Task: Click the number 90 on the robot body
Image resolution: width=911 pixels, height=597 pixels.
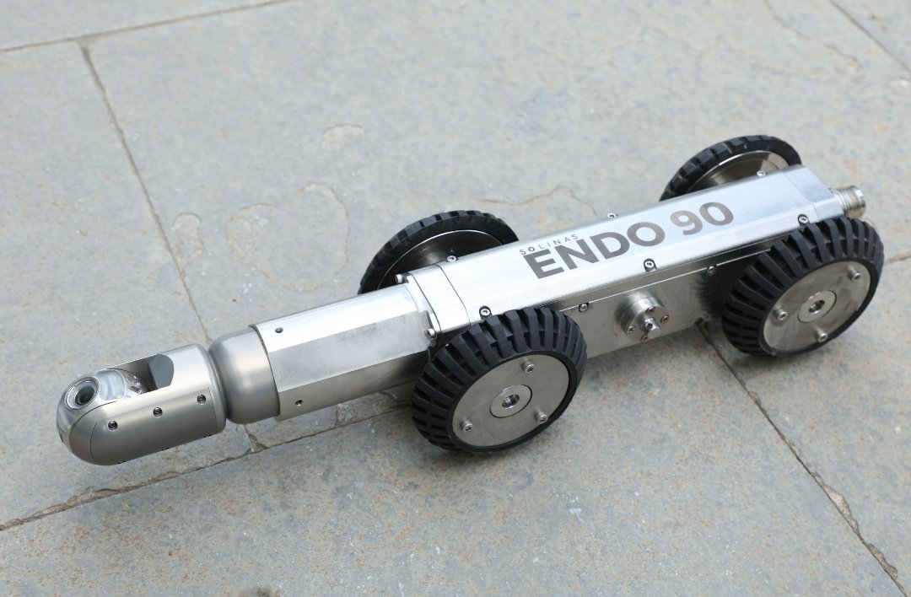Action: tap(701, 218)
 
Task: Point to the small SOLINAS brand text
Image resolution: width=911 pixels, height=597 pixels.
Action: tap(550, 244)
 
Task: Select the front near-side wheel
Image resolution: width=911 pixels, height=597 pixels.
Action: tap(499, 379)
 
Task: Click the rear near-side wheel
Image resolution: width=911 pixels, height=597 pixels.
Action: tap(802, 287)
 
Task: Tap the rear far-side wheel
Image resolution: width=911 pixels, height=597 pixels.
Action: tap(730, 165)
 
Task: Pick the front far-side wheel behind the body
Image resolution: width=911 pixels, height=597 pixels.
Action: tap(436, 247)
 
